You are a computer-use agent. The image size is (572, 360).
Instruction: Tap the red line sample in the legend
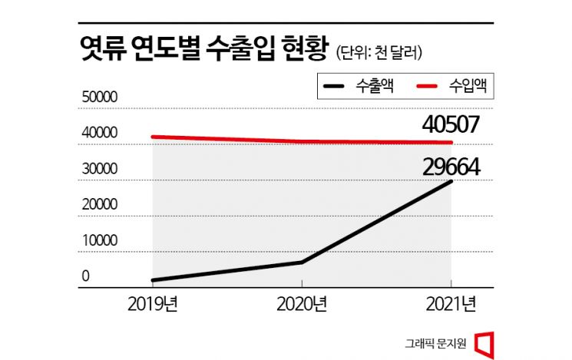click(x=432, y=87)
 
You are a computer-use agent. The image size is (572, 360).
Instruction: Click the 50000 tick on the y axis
click(x=100, y=97)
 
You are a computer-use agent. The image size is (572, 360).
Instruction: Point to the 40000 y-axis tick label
click(x=100, y=134)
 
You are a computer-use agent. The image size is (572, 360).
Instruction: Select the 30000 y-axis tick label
click(x=100, y=169)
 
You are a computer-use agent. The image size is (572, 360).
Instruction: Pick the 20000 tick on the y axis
click(x=100, y=205)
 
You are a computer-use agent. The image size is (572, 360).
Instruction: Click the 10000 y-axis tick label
click(x=100, y=240)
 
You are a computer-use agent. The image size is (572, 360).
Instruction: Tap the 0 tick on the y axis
click(x=86, y=276)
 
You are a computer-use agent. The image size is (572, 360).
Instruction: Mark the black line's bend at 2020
click(x=302, y=262)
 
